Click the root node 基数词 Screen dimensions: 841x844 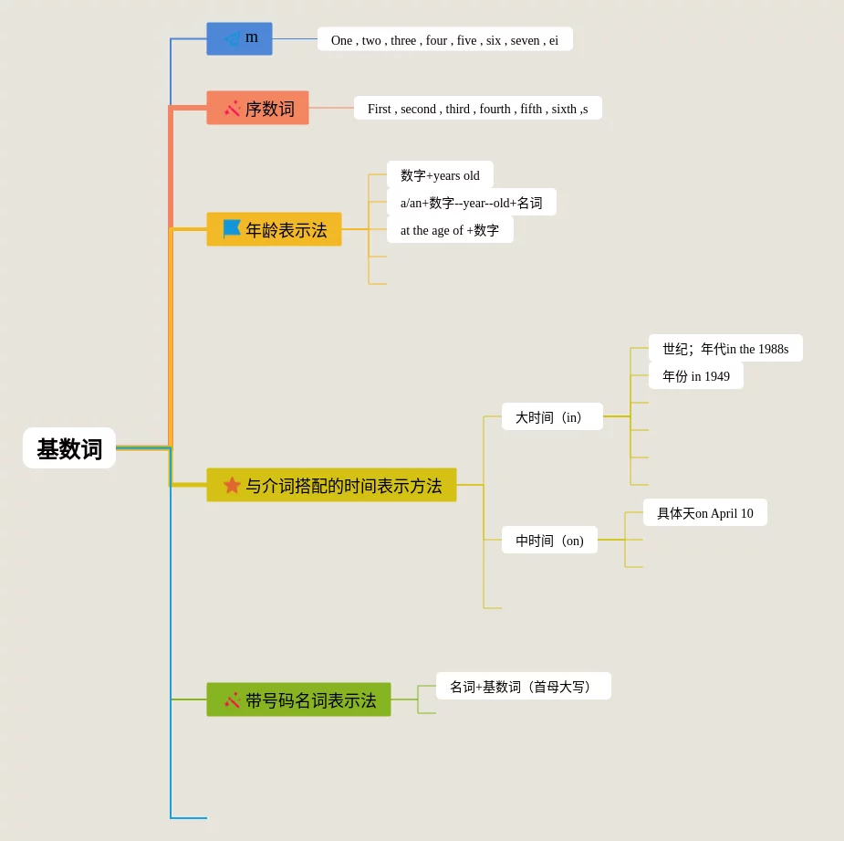(69, 448)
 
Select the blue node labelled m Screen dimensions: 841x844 (239, 38)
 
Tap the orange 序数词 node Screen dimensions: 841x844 (257, 108)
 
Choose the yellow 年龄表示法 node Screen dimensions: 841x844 (274, 229)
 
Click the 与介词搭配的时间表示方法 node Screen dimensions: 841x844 (331, 485)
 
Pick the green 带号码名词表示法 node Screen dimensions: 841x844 (298, 699)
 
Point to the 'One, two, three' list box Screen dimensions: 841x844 (444, 39)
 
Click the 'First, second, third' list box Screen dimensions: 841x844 (477, 108)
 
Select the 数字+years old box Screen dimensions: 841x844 (440, 174)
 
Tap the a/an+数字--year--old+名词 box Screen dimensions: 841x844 (471, 202)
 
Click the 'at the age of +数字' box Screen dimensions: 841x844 (450, 229)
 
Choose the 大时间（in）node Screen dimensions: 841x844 (552, 416)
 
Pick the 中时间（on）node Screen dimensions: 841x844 (549, 540)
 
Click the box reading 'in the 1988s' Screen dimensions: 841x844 (725, 348)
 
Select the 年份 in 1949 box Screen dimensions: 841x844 (695, 375)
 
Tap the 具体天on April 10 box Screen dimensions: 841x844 (704, 512)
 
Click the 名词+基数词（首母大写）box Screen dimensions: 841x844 (523, 686)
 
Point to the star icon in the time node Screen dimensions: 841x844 (232, 485)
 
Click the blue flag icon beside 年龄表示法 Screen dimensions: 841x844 (232, 228)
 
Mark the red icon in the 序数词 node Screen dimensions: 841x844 (233, 108)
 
